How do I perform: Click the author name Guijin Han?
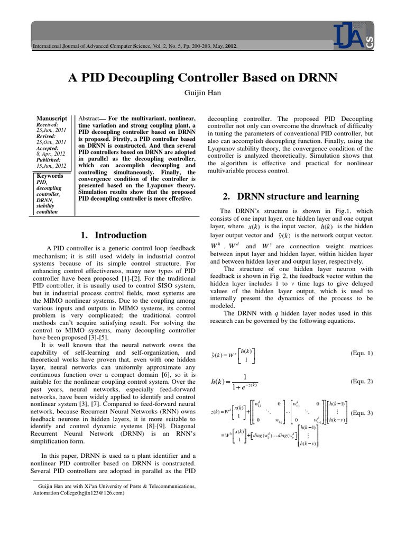[203, 94]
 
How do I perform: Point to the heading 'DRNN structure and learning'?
[291, 196]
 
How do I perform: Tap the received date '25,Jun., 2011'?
[51, 130]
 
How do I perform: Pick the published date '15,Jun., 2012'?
[51, 166]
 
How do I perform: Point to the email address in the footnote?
[99, 493]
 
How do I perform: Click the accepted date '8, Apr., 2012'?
[52, 154]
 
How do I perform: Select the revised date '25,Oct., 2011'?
[51, 142]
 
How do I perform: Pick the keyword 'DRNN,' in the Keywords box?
[45, 200]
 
